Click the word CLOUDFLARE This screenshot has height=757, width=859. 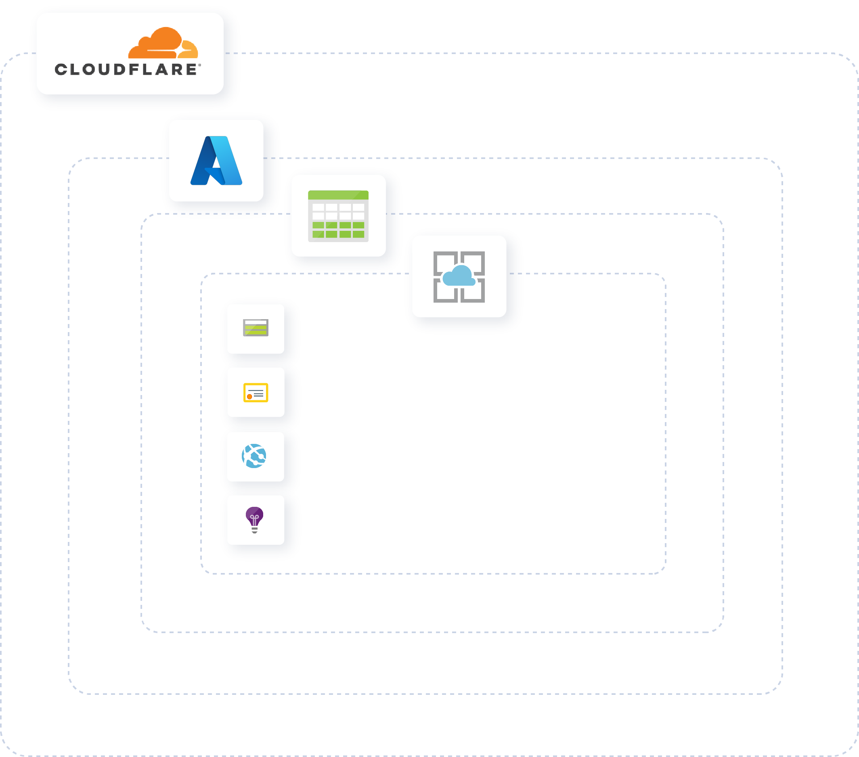[x=126, y=70]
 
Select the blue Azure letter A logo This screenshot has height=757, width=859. [x=216, y=161]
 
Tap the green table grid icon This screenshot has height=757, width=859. [x=338, y=216]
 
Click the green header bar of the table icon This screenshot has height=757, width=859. [x=338, y=195]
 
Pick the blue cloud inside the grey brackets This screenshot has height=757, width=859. [x=459, y=276]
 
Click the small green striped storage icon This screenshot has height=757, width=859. [x=256, y=328]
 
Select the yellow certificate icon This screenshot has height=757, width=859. [x=256, y=392]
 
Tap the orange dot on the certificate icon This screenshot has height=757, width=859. [x=249, y=397]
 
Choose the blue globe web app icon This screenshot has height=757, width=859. [x=254, y=456]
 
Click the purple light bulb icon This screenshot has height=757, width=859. [x=254, y=517]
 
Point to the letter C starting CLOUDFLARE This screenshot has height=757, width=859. [x=61, y=70]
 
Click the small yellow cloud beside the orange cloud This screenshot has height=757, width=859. [x=189, y=50]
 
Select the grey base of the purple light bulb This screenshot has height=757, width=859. [x=255, y=530]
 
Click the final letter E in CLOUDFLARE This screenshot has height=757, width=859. [x=191, y=70]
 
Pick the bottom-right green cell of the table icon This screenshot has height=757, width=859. [x=358, y=234]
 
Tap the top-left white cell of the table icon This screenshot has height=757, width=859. [x=318, y=207]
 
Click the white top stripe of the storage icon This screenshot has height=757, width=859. [x=256, y=322]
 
